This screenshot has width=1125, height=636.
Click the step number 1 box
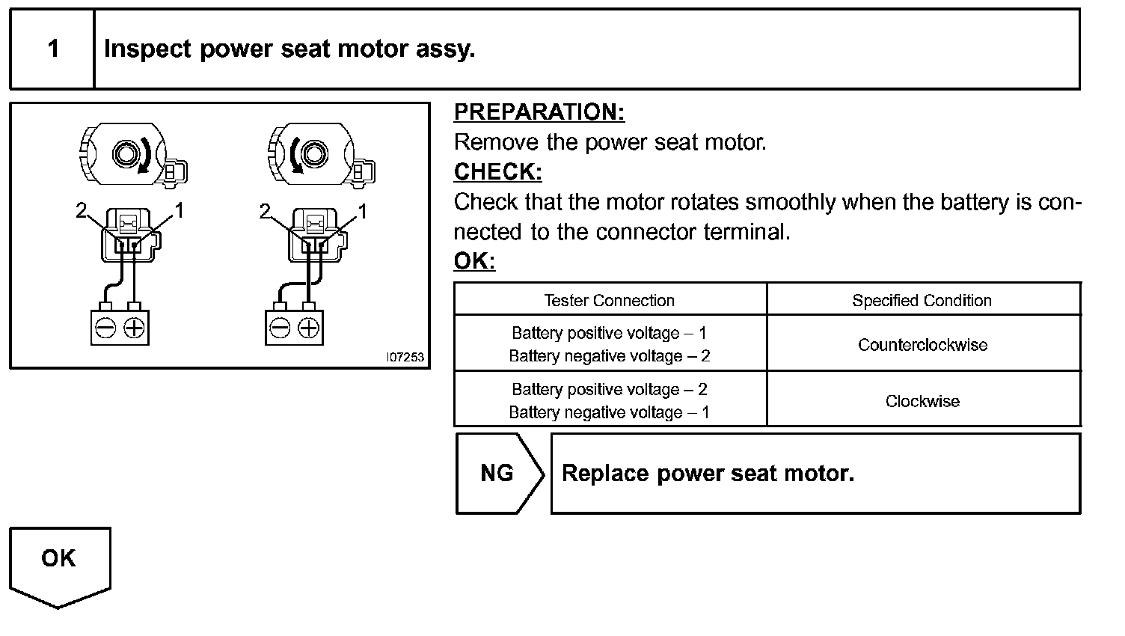coord(52,49)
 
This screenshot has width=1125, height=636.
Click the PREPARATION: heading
coord(539,112)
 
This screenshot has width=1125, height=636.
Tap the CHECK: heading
coord(497,172)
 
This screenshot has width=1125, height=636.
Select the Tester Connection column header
coord(609,301)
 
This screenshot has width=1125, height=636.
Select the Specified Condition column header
coord(922,301)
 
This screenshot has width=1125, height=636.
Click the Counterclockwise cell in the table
coord(922,345)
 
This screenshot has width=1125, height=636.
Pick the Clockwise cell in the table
coord(922,402)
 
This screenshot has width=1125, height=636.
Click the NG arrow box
coord(497,474)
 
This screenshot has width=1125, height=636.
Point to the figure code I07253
coord(405,358)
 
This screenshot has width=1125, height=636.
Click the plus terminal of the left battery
coord(134,328)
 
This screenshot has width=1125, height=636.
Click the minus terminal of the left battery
coord(105,328)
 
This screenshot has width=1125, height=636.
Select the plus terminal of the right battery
coord(309,328)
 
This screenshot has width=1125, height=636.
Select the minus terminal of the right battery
coord(280,328)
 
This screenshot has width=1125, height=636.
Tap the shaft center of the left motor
coord(125,154)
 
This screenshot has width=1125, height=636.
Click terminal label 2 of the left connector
coord(81,211)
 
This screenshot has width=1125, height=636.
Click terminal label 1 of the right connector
coord(364,211)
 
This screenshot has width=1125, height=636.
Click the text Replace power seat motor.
coord(708,474)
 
